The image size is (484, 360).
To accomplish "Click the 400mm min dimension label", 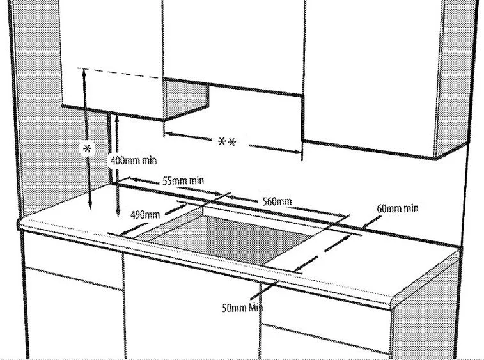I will [134, 160].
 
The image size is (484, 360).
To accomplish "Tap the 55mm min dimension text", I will [183, 182].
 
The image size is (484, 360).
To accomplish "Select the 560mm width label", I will [277, 201].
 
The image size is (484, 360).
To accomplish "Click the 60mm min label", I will [398, 208].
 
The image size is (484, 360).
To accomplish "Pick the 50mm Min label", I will [242, 308].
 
